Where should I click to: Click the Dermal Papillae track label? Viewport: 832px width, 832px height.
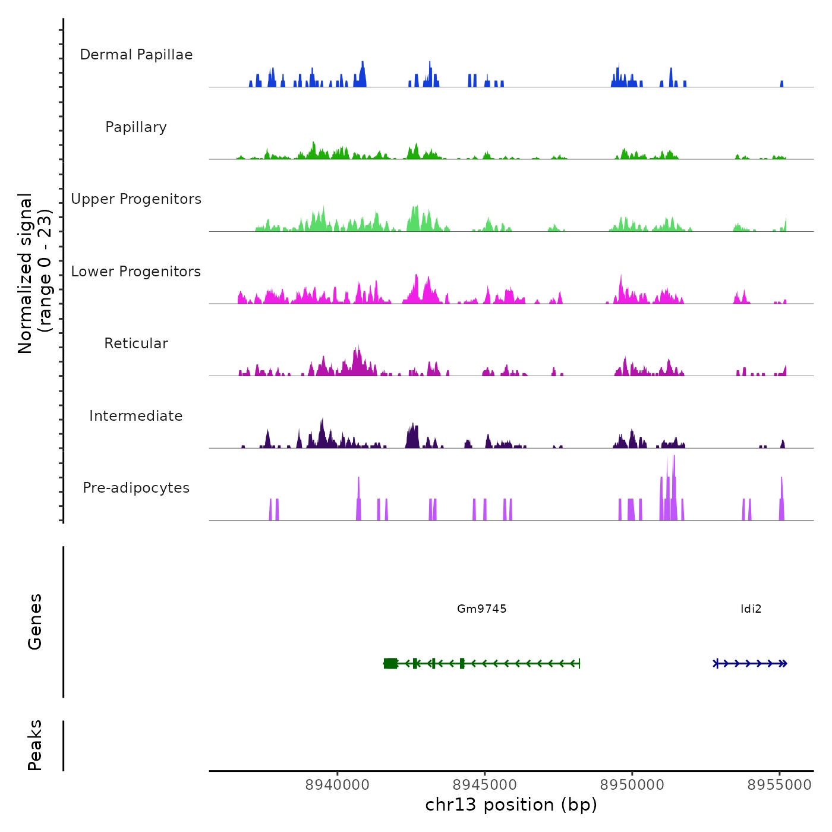pos(136,55)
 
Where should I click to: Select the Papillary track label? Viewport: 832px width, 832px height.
pos(136,127)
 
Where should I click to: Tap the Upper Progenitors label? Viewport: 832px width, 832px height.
pos(136,199)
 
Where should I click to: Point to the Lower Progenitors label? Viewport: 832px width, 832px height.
pos(136,272)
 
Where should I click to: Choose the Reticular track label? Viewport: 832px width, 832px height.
pos(136,343)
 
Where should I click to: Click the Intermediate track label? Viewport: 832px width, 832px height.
pos(136,416)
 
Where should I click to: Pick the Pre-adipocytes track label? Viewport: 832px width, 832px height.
pos(136,488)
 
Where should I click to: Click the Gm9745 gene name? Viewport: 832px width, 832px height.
pos(481,609)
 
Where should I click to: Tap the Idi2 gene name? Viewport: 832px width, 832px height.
pos(751,609)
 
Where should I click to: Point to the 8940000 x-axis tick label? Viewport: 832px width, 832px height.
pos(337,785)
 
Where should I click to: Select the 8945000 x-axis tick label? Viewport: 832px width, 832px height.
pos(484,785)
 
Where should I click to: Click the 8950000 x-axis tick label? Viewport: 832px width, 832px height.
pos(632,785)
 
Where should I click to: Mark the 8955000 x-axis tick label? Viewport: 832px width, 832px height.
pos(779,785)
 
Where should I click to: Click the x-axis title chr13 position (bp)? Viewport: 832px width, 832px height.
pos(511,805)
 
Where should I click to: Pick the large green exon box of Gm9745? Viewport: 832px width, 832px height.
pos(390,663)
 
